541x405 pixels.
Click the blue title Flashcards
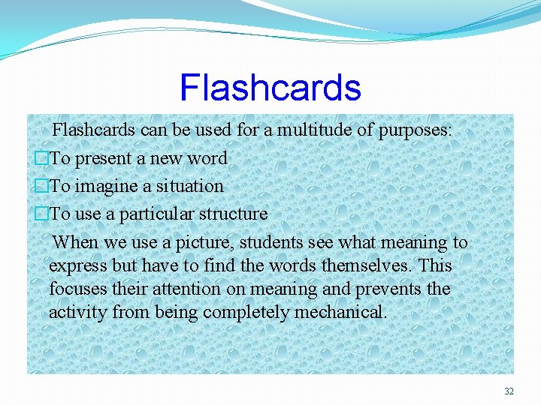pos(270,88)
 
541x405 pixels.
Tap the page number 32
pos(509,391)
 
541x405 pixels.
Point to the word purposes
pos(415,130)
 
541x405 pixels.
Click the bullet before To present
pos(42,158)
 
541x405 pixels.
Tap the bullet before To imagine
pos(42,186)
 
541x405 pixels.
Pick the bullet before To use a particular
pos(42,214)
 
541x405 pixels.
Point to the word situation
pos(191,186)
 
